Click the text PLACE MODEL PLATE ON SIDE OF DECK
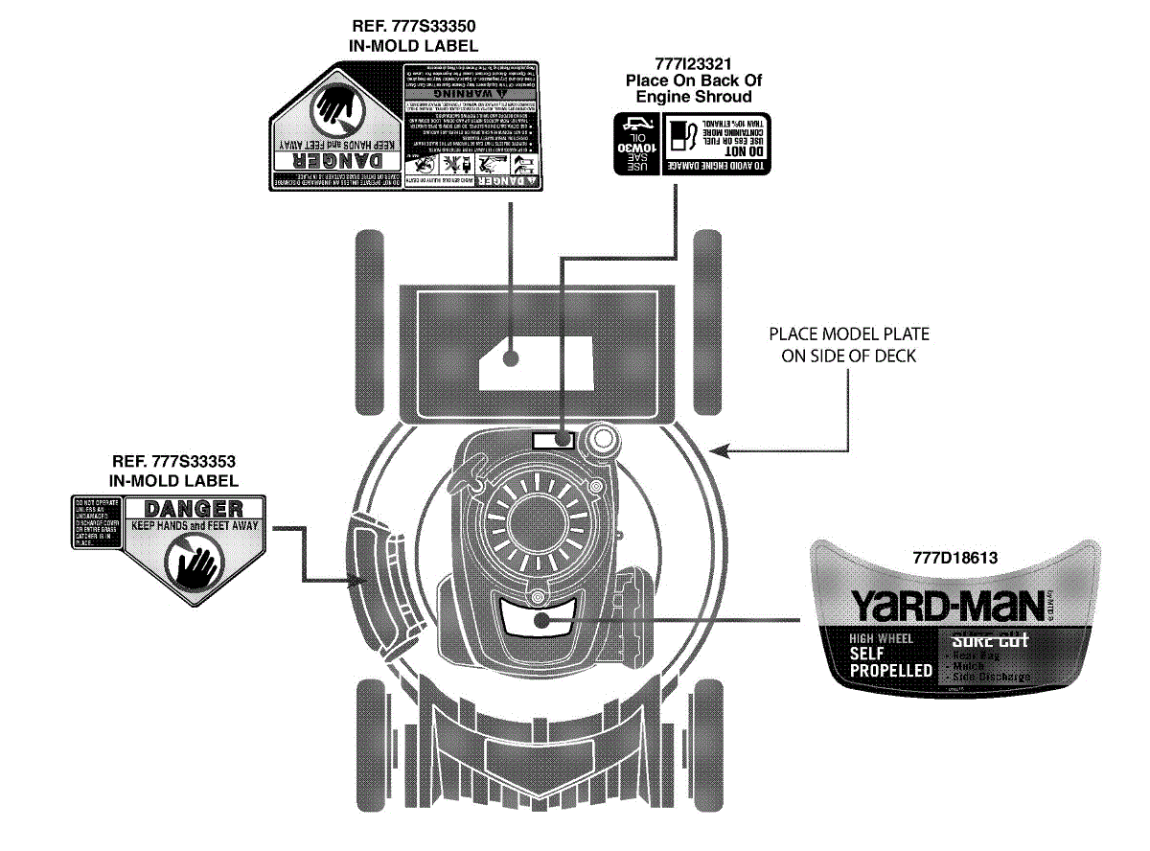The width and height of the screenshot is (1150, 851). (x=849, y=345)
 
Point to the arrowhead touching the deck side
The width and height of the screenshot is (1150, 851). (x=722, y=448)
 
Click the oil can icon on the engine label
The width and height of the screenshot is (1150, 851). (x=633, y=123)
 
